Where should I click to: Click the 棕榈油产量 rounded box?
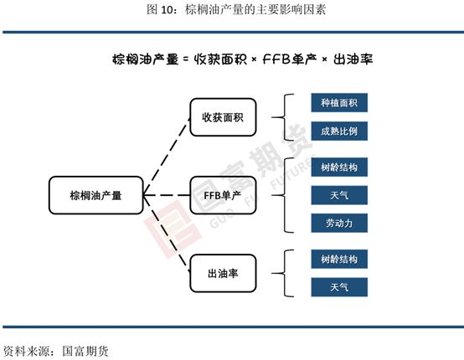click(95, 195)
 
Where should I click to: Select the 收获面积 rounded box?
click(223, 117)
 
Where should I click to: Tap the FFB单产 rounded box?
click(223, 195)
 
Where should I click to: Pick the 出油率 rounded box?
click(223, 273)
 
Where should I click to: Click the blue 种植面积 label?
click(339, 103)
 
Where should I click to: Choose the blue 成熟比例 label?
click(339, 131)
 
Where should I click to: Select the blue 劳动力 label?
click(339, 223)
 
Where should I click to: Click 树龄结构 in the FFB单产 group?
click(339, 167)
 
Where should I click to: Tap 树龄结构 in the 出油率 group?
click(339, 260)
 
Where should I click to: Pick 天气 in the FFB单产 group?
click(339, 195)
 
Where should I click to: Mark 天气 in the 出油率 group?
click(339, 287)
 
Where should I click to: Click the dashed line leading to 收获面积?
click(167, 157)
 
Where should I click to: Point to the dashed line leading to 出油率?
click(167, 234)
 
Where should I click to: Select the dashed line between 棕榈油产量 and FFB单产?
click(167, 195)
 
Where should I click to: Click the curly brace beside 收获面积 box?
click(283, 117)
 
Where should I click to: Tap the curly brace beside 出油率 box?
click(283, 273)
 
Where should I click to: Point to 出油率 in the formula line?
click(353, 59)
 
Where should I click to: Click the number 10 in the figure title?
click(168, 10)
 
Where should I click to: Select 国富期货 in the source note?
click(85, 352)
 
